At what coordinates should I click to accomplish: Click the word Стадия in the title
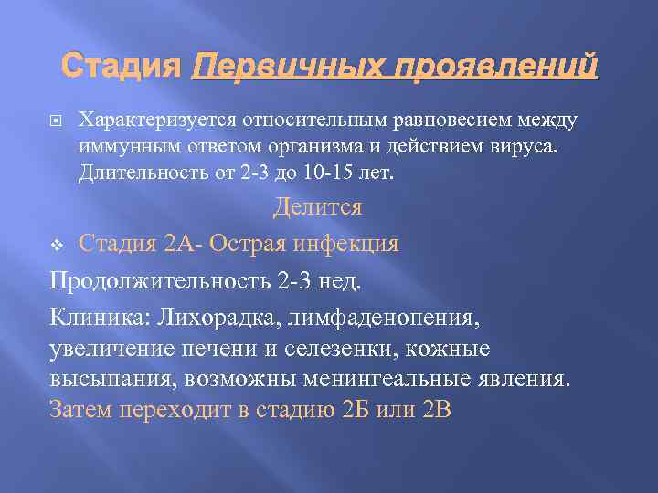coord(122,67)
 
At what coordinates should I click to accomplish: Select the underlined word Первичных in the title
coord(268,67)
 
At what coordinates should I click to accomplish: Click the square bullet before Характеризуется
coord(60,121)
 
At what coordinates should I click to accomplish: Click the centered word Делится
coord(318,207)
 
